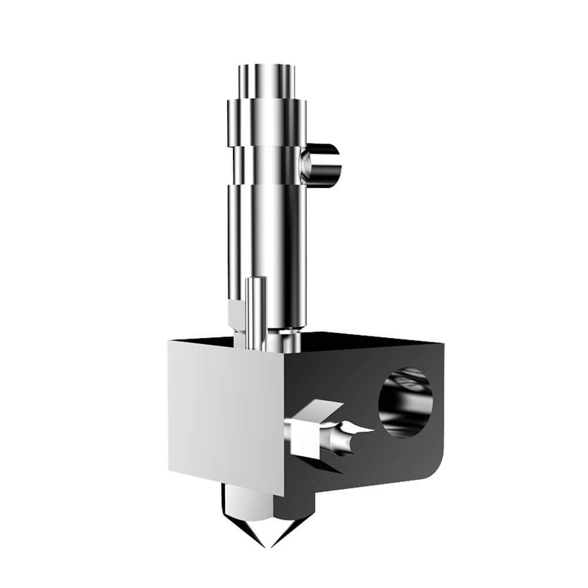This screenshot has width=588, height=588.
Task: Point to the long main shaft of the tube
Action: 266,235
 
